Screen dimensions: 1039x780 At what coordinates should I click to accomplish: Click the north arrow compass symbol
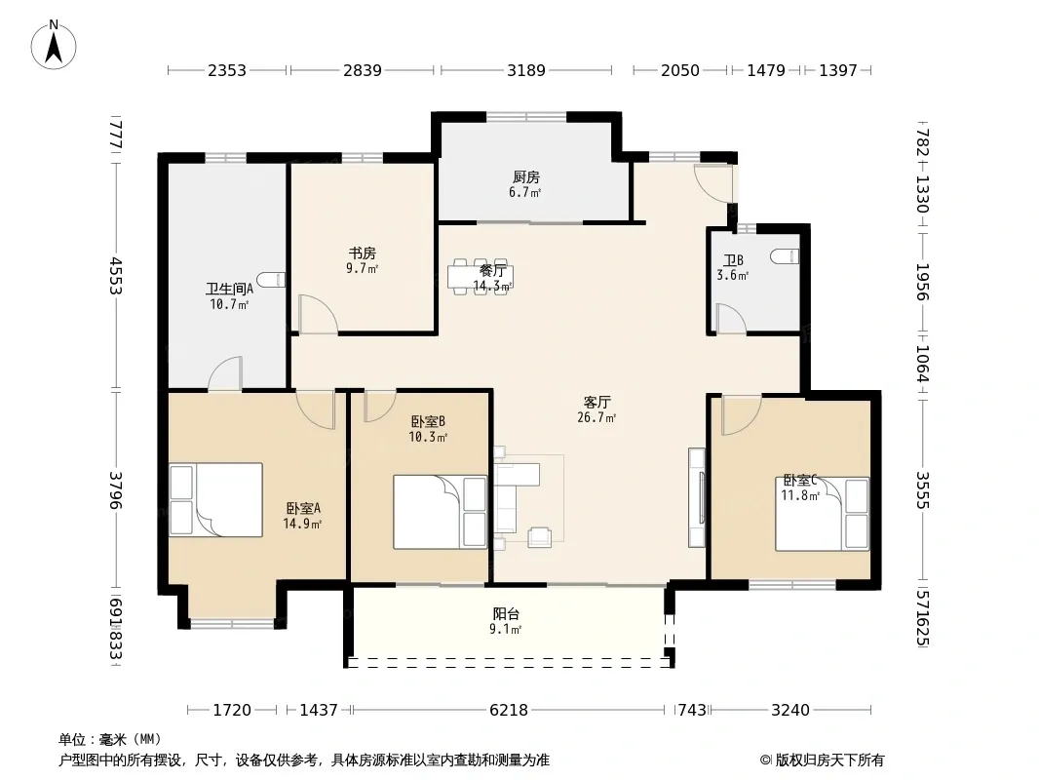(54, 45)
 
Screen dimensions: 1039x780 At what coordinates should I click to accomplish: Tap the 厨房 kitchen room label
(526, 176)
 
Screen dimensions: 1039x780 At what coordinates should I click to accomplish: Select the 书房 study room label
(363, 253)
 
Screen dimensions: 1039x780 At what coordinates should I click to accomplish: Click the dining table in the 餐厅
(481, 276)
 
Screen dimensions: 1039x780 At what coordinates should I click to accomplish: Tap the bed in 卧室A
(216, 499)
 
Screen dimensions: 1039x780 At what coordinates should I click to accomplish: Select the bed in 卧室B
(440, 512)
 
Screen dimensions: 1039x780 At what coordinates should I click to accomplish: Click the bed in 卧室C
(823, 514)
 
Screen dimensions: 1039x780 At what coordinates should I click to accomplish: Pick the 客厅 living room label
(597, 403)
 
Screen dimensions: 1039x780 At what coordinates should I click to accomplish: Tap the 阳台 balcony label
(506, 613)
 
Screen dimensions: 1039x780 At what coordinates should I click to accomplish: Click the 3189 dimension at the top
(526, 70)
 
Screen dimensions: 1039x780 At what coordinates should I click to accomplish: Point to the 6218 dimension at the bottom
(509, 711)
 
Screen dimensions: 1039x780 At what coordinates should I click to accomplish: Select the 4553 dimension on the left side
(116, 276)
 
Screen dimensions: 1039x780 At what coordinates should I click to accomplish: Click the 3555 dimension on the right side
(922, 489)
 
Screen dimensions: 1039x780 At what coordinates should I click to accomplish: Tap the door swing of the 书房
(319, 313)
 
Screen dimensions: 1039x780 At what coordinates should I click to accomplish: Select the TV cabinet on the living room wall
(697, 497)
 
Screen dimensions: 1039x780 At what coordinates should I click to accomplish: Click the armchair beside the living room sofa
(539, 537)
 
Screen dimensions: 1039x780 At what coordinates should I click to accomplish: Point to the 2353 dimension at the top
(227, 70)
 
